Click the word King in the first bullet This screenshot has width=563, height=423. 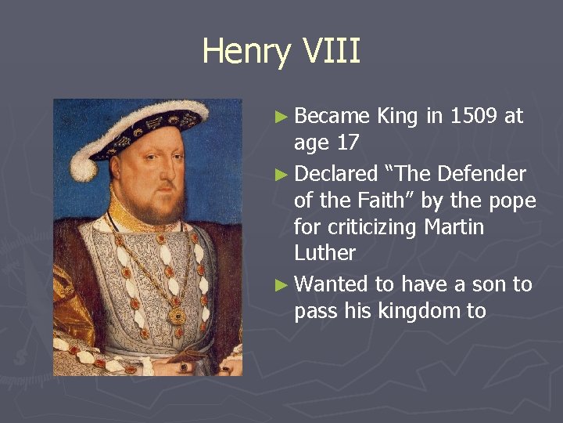click(x=397, y=117)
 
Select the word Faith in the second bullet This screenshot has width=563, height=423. click(x=379, y=201)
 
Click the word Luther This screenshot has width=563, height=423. click(x=325, y=253)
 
